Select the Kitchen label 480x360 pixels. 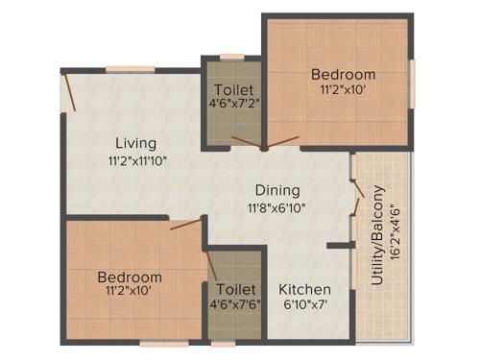[x=304, y=289]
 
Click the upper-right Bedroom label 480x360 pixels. [x=343, y=74]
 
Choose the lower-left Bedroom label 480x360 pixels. [x=130, y=277]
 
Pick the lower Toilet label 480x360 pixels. [x=235, y=288]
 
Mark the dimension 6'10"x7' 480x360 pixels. [x=304, y=306]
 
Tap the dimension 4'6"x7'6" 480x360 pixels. [x=235, y=304]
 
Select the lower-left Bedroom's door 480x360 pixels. [x=187, y=225]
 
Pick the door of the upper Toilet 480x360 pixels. [x=245, y=143]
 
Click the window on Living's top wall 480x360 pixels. [x=130, y=68]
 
